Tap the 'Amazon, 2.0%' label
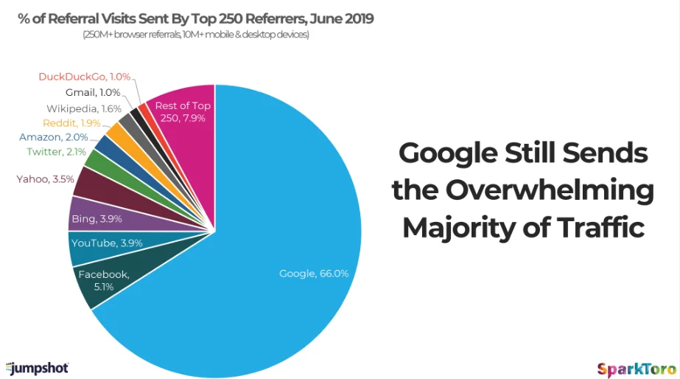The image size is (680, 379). coord(54,137)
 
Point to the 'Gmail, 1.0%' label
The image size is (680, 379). coord(91,92)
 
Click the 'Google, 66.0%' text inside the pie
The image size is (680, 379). coord(313,274)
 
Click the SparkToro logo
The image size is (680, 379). coord(634,366)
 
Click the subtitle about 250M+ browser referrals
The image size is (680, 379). coord(196,35)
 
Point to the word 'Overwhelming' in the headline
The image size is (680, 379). coord(550,190)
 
